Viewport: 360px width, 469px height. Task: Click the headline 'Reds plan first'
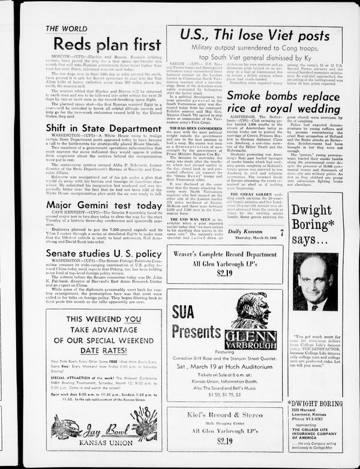(x=107, y=44)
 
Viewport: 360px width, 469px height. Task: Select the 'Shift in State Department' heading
(x=95, y=128)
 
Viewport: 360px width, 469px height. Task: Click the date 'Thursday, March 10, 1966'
(x=251, y=239)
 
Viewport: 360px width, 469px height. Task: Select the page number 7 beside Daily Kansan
(x=280, y=232)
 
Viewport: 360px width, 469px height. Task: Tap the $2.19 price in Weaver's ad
(x=224, y=273)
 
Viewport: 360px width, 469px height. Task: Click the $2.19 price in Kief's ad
(x=224, y=440)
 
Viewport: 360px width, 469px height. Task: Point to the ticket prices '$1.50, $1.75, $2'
(x=225, y=395)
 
